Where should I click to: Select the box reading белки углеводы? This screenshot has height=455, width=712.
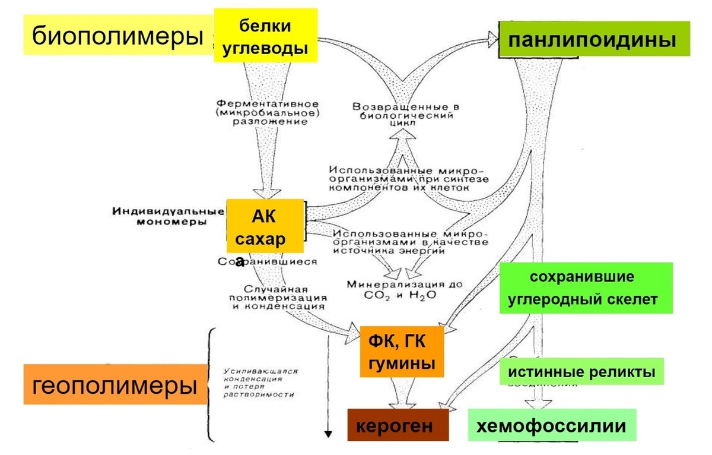pyautogui.click(x=266, y=36)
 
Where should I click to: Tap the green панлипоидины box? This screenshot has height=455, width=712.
pyautogui.click(x=594, y=39)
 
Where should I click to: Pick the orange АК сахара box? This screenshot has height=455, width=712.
pyautogui.click(x=265, y=226)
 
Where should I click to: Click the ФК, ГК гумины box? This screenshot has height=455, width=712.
pyautogui.click(x=402, y=351)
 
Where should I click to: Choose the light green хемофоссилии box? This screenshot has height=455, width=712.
pyautogui.click(x=552, y=425)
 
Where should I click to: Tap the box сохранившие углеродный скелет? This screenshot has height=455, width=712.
pyautogui.click(x=586, y=288)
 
